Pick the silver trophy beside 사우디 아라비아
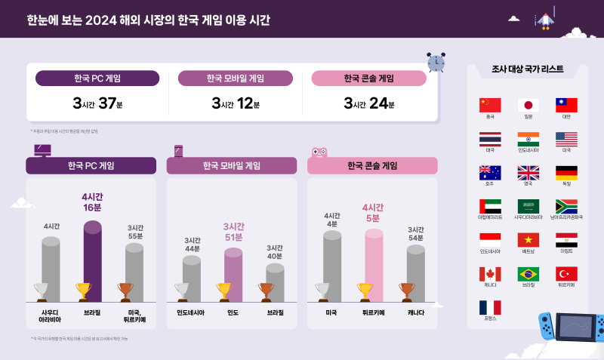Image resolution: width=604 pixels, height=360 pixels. point(42,291)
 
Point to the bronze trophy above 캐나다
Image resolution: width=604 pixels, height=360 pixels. point(406,291)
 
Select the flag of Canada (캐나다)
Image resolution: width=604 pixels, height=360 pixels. point(490,273)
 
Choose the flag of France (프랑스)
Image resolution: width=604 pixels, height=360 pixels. point(490,307)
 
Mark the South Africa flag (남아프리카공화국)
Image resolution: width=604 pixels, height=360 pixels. point(566,206)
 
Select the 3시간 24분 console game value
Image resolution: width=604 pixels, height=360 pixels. point(368,103)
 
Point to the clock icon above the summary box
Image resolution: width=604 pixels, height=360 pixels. point(436,62)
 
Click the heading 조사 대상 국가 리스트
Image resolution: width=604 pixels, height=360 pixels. point(527,69)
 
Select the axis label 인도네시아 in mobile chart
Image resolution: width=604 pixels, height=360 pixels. point(192,312)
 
